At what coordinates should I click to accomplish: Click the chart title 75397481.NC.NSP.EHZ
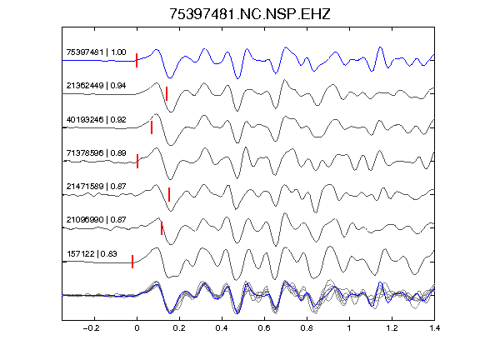pos(250,14)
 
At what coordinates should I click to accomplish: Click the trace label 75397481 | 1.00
pos(96,52)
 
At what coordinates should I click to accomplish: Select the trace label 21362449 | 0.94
pos(96,86)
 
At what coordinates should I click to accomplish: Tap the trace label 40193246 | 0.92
pos(96,119)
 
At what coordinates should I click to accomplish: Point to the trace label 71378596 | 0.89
pos(96,152)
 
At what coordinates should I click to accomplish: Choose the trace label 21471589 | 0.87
pos(96,186)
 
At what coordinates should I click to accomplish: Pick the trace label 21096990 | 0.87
pos(96,220)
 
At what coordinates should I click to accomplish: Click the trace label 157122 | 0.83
pos(92,254)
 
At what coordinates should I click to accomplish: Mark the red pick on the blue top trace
pos(137,60)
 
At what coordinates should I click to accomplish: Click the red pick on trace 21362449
pos(167,93)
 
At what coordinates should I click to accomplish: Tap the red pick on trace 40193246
pos(152,127)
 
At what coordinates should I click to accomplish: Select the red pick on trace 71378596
pos(137,161)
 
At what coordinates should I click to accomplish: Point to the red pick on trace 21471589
pos(169,195)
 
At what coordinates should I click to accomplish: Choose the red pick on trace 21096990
pos(162,228)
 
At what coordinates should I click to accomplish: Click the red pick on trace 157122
pos(132,262)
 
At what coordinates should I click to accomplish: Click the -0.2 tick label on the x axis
pos(92,328)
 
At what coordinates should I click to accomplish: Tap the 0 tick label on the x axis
pos(137,328)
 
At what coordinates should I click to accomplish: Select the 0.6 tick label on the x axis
pos(264,328)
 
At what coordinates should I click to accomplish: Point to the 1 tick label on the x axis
pos(349,328)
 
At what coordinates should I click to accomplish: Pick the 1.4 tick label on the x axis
pos(434,328)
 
